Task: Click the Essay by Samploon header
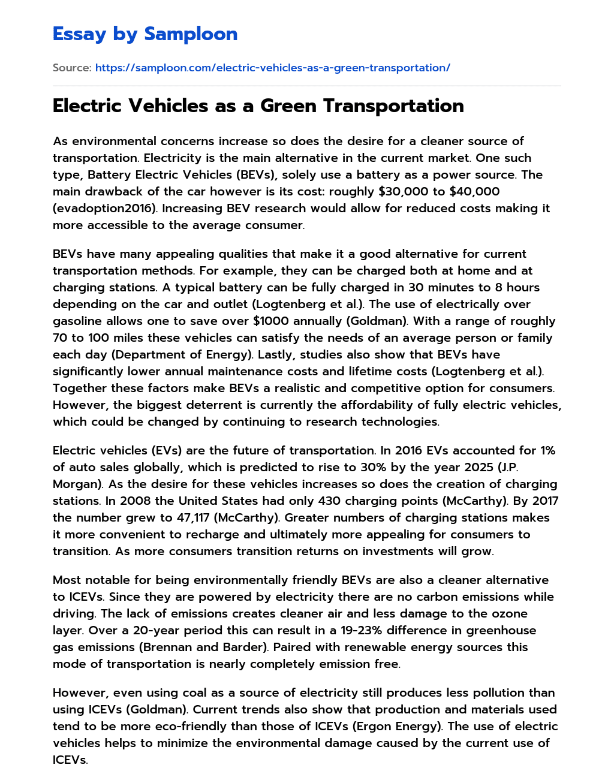coord(145,34)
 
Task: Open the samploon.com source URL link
coord(272,68)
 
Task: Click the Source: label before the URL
coord(72,68)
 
